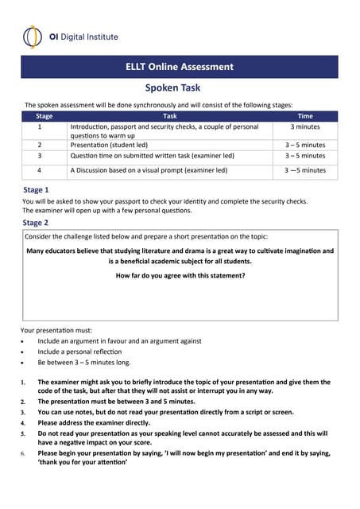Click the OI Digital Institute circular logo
pos(33,36)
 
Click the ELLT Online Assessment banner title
pos(180,67)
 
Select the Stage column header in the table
pos(45,116)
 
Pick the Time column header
pos(305,116)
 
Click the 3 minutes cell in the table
pos(305,126)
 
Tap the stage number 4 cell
pos(40,170)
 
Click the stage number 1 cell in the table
pos(40,126)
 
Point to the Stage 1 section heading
pos(36,190)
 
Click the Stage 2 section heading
pos(36,223)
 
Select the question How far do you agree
pos(180,275)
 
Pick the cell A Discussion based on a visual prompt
pos(149,170)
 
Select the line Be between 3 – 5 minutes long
pos(84,363)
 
